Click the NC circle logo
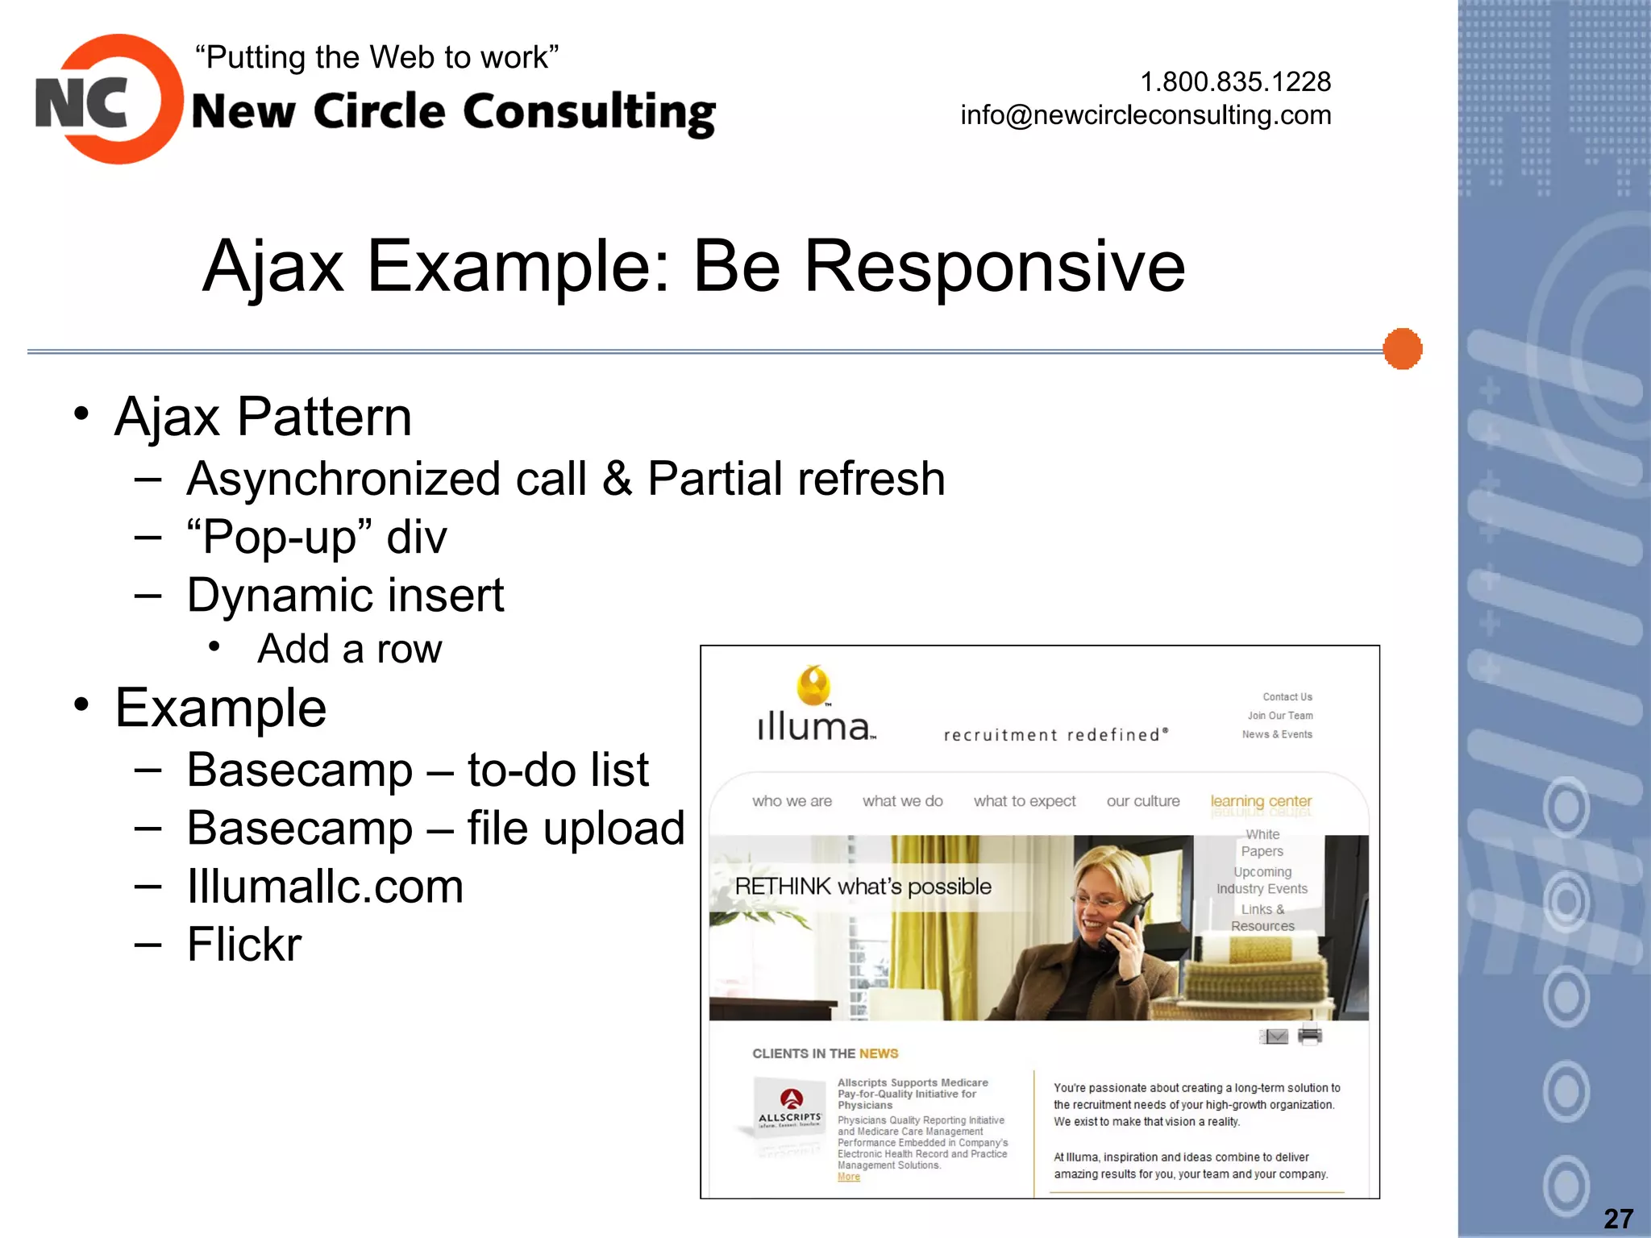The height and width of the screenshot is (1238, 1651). click(109, 100)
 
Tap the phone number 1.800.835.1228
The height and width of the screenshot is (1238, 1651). click(1235, 81)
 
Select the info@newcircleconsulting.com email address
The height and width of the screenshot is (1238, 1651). click(1145, 115)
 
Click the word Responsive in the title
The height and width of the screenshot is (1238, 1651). click(994, 266)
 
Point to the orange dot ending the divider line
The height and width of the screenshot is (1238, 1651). click(1402, 349)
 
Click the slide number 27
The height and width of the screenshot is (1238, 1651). click(1618, 1218)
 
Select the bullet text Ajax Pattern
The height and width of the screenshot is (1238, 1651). click(263, 417)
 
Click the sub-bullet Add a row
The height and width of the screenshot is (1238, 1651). click(349, 649)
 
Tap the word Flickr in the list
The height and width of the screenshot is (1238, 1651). click(244, 945)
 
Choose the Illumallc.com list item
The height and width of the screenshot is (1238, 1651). click(325, 887)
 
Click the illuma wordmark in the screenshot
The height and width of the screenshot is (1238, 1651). click(814, 726)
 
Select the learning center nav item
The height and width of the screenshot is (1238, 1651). click(1261, 801)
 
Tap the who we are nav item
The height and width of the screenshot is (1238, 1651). click(792, 801)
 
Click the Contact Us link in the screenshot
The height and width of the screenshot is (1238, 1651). click(1287, 696)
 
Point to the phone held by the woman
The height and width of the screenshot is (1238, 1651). click(1125, 927)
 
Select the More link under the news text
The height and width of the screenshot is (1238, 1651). click(848, 1177)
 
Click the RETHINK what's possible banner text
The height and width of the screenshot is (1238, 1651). click(863, 887)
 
